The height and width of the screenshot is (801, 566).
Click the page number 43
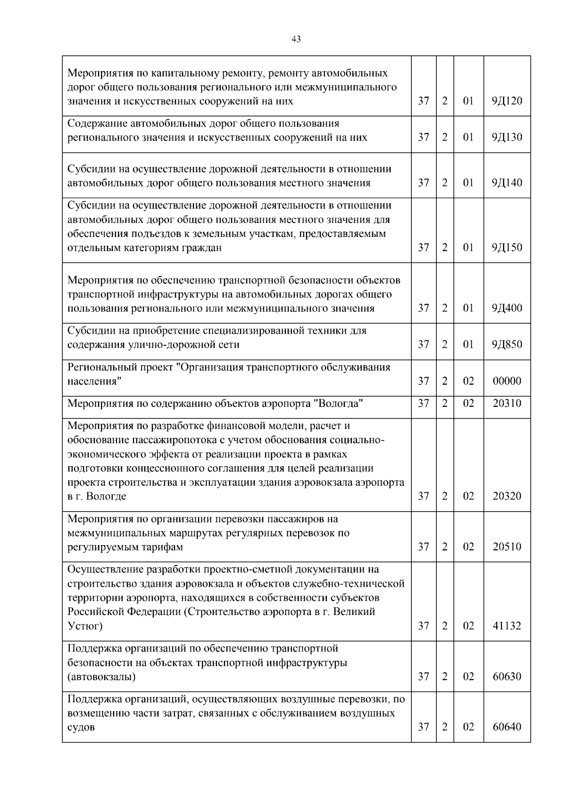coord(296,39)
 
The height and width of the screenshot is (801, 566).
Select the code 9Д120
coord(507,101)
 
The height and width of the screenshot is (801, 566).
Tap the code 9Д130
coord(507,137)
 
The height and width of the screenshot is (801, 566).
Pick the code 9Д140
coord(507,183)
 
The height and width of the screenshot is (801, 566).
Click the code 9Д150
coord(507,247)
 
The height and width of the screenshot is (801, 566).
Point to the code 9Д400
coord(507,308)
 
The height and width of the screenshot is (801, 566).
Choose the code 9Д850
coord(507,345)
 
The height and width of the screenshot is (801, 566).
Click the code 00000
coord(507,381)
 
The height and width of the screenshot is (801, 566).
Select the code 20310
coord(507,404)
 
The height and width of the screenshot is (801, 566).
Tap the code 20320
coord(507,496)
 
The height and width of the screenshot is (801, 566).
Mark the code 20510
coord(507,547)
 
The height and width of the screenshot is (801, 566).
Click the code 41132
coord(507,626)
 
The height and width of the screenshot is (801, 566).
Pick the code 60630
coord(507,677)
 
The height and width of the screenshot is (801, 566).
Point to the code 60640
coord(507,727)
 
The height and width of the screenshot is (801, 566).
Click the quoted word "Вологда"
coord(338,404)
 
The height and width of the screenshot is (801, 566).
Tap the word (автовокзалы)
coord(101,677)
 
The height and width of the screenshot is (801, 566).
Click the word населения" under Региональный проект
coord(94,381)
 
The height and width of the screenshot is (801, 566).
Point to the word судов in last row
coord(81,727)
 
